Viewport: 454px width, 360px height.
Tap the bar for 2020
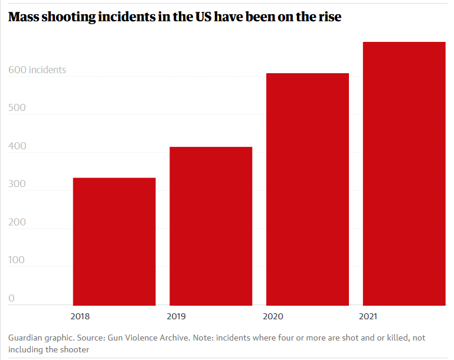(308, 189)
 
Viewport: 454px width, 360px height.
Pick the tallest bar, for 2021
(404, 174)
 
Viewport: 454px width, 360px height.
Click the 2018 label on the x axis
(80, 316)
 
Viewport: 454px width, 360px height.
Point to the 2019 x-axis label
(177, 316)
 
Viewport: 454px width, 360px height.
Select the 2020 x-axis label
(273, 316)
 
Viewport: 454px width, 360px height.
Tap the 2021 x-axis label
(369, 316)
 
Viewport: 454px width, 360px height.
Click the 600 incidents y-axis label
(37, 70)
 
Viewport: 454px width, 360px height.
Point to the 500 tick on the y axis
(17, 109)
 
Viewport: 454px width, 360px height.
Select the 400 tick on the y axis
(17, 146)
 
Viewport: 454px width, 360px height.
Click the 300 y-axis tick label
(17, 185)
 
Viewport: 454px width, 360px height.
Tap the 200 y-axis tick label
(17, 222)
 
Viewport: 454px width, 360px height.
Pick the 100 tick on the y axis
(17, 261)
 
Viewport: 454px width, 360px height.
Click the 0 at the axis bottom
(11, 299)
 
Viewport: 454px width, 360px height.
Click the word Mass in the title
(24, 17)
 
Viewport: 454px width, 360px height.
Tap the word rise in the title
(328, 17)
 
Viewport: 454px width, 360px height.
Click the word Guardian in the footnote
(27, 338)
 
